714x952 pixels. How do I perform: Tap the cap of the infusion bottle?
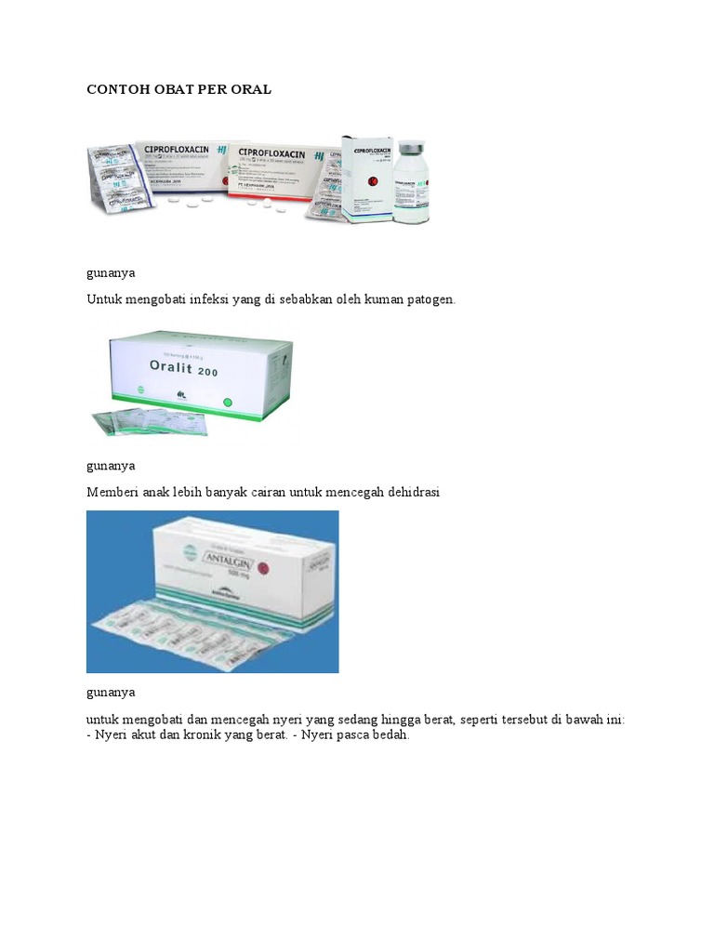(410, 148)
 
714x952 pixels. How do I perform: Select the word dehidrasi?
(410, 493)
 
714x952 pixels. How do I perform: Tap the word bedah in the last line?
(390, 734)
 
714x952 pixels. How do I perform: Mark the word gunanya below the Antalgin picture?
(111, 693)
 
